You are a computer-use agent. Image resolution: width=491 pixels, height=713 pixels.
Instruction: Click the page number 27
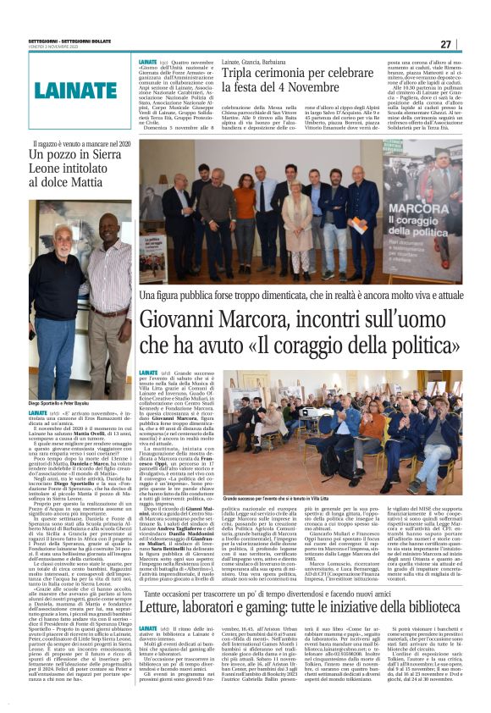[x=469, y=45]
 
